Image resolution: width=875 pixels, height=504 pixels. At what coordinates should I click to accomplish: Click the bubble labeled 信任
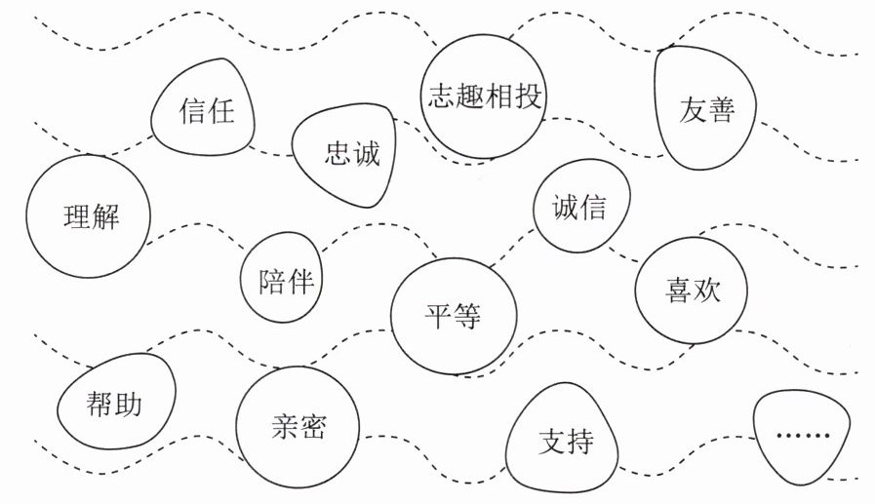pyautogui.click(x=205, y=110)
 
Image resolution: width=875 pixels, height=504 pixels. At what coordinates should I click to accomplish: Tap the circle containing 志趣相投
pyautogui.click(x=484, y=97)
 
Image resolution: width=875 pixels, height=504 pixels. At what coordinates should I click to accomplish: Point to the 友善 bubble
pyautogui.click(x=706, y=109)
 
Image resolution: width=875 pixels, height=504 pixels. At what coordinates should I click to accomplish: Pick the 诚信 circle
pyautogui.click(x=580, y=208)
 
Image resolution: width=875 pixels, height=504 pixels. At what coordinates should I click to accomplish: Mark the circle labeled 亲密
pyautogui.click(x=298, y=427)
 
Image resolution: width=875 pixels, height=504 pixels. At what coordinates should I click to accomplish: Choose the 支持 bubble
pyautogui.click(x=564, y=442)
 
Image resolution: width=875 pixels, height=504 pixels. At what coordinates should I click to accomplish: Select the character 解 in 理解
pyautogui.click(x=104, y=216)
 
